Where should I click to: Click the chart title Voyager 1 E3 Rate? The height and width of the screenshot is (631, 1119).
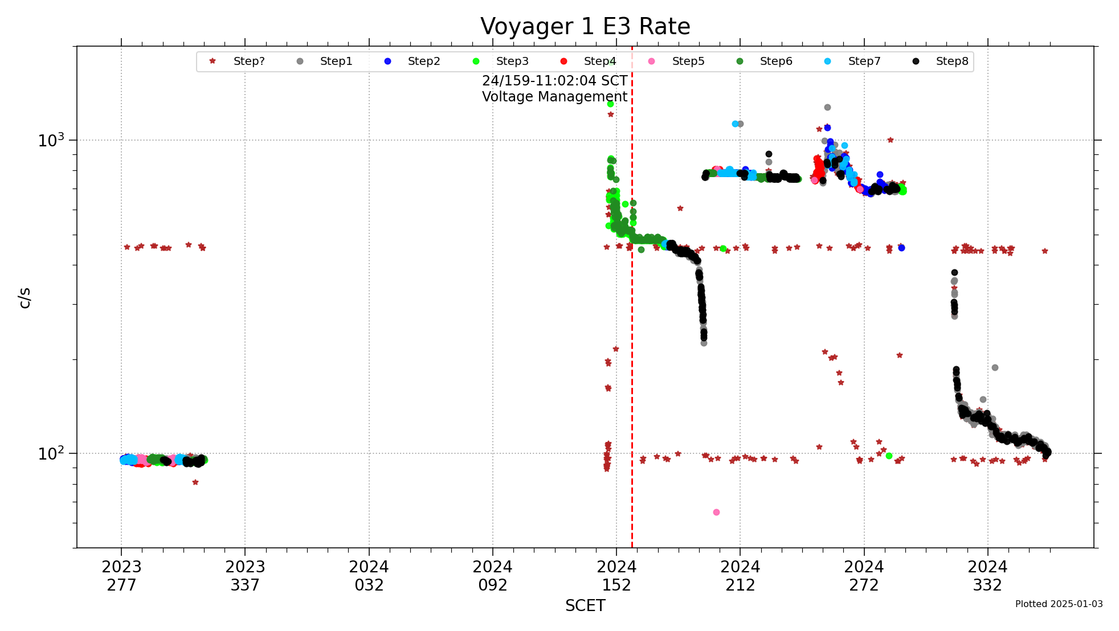[x=585, y=27]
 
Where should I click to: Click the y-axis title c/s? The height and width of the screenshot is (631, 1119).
[x=24, y=298]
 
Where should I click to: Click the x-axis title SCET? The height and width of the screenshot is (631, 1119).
[x=585, y=606]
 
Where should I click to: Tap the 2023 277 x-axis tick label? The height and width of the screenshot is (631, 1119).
[x=121, y=576]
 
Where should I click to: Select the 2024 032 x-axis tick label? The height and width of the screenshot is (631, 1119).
[x=369, y=576]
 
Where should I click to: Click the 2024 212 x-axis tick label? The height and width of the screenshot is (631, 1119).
[x=740, y=576]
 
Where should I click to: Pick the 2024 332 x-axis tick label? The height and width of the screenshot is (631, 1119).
[x=987, y=576]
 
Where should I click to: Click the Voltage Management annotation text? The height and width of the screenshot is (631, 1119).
[x=554, y=97]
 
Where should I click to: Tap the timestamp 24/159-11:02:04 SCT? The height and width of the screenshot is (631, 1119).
[x=554, y=81]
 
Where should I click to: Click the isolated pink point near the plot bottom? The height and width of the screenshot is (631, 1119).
[x=716, y=513]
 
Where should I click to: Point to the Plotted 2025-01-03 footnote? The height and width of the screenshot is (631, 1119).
[x=1059, y=604]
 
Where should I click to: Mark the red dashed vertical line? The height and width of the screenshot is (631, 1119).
[x=632, y=342]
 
